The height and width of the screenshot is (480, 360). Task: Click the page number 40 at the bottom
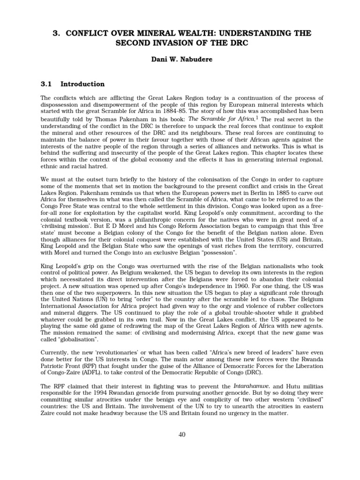tap(182, 435)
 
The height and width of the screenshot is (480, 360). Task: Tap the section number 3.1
tap(47, 84)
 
